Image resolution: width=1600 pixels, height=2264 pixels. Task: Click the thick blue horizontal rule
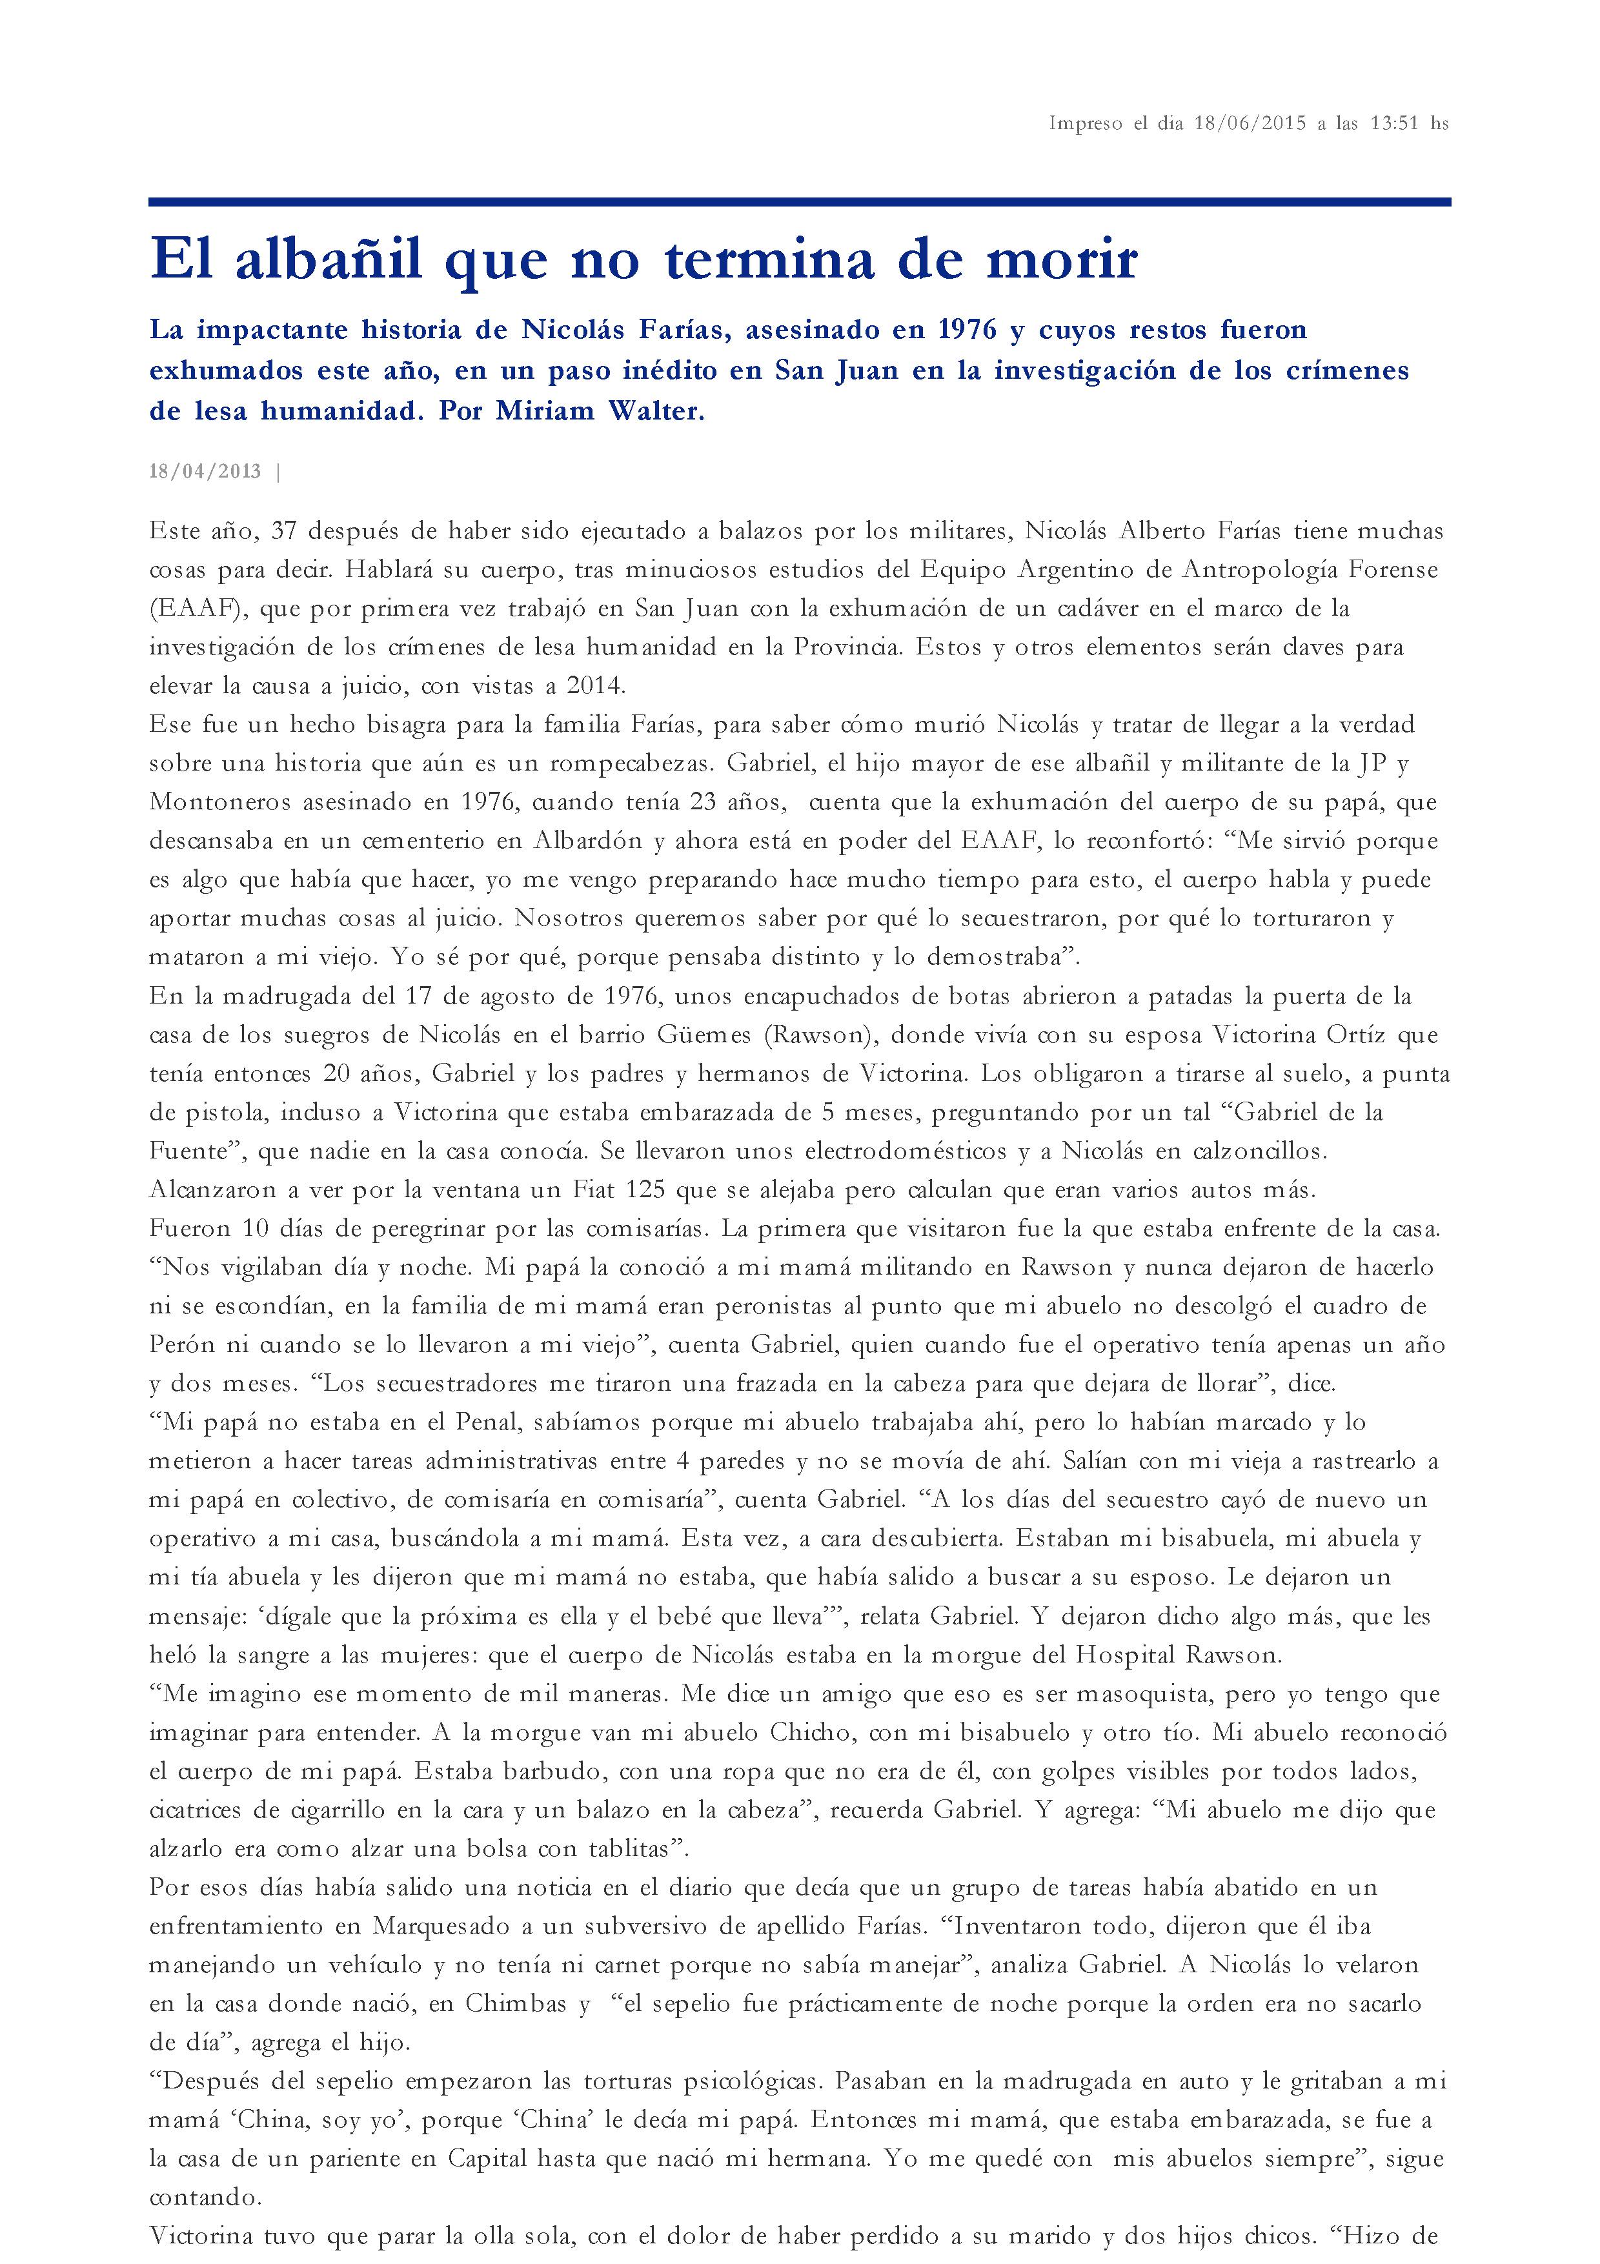(x=800, y=202)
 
